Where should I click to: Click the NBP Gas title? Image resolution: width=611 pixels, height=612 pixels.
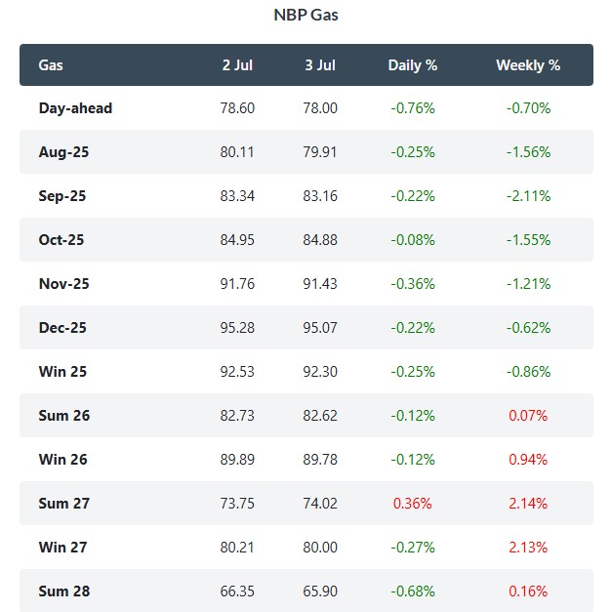pos(305,15)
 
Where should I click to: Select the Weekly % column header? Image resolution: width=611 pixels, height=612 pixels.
pos(528,65)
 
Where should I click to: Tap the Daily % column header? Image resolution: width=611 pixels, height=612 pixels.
pos(412,65)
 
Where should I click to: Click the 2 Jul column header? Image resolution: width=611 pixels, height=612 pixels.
pos(237,65)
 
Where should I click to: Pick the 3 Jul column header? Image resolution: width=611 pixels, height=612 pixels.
pos(320,65)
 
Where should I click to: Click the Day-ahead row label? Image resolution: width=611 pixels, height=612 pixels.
pos(75,108)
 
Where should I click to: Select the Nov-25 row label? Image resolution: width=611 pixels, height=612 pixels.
pos(64,284)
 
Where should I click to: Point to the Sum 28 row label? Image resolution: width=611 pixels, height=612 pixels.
pos(64,592)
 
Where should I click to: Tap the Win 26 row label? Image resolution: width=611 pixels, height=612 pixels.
pos(62,460)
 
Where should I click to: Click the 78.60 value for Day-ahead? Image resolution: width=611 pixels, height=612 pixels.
pos(237,108)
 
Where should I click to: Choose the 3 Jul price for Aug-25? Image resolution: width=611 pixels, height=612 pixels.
pos(320,152)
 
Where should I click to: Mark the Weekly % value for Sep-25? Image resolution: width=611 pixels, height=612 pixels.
pos(528,196)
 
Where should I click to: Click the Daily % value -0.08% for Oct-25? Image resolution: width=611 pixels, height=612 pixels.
pos(413,240)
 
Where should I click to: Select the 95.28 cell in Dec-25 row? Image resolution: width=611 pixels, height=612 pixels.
pos(237,327)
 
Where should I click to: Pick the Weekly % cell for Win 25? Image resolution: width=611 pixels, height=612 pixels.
pos(528,372)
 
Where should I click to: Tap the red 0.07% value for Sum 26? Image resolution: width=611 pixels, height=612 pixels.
pos(528,415)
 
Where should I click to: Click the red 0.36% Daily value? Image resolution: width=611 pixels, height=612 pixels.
pos(412,503)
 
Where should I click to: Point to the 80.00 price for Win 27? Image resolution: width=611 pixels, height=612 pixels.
pos(320,548)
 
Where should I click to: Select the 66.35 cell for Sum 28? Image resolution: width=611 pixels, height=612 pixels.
pos(237,591)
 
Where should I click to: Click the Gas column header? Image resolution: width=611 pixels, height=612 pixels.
pos(51,65)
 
